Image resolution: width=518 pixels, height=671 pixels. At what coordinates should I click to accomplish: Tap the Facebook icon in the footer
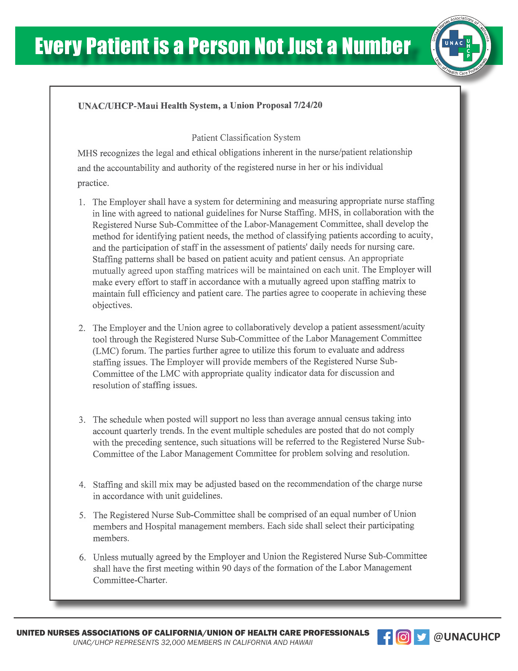385,637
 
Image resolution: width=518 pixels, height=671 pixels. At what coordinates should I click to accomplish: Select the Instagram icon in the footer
403,637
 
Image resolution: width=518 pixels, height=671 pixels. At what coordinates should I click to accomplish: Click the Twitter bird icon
421,637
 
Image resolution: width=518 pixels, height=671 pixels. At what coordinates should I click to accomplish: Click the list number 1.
82,202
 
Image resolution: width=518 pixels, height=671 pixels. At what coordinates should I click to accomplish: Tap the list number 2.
82,328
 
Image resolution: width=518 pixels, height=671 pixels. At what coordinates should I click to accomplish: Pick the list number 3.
82,420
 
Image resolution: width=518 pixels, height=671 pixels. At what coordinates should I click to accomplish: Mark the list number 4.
82,485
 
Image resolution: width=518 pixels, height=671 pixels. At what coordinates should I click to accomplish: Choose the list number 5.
82,515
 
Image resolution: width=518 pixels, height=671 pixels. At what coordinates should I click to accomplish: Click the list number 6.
82,557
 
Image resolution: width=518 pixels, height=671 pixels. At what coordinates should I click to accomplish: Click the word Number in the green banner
376,46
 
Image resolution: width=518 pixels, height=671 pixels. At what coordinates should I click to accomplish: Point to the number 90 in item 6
227,568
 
